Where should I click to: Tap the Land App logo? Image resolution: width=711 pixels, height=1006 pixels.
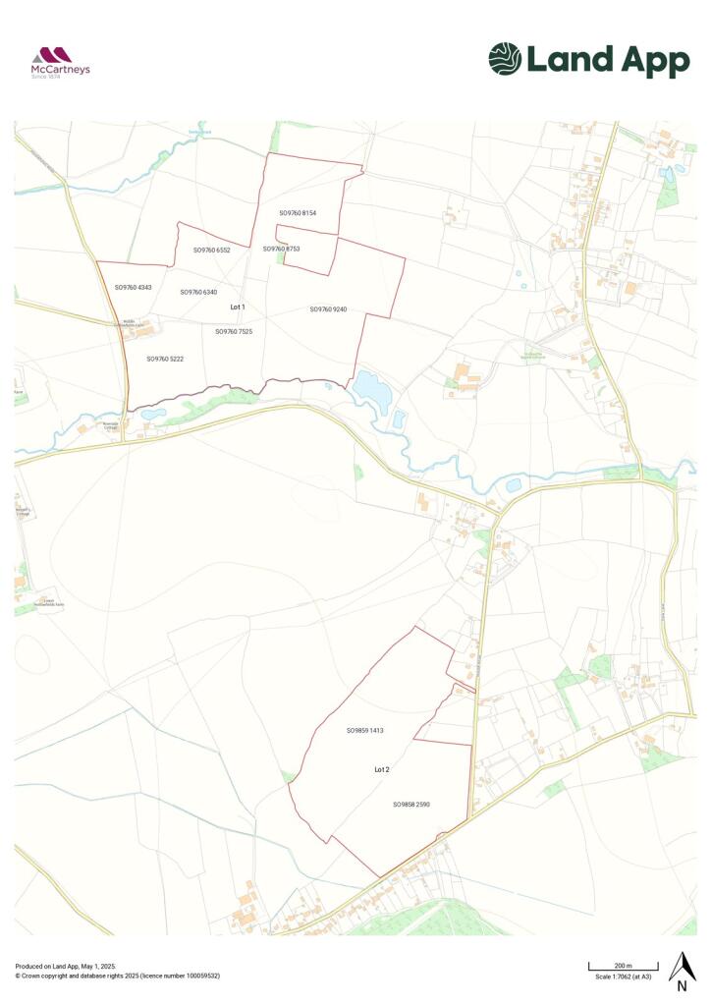coord(589,60)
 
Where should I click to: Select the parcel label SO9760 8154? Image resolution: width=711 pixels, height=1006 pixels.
coord(298,213)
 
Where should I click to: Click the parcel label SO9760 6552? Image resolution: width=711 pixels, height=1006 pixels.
coord(211,251)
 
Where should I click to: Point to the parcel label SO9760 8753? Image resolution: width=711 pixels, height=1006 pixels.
coord(281,249)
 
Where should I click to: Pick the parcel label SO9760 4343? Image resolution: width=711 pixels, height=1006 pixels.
coord(133,288)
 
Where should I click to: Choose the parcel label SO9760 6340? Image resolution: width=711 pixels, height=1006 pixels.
coord(198,292)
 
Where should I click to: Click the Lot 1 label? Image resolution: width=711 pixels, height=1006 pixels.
coord(237,307)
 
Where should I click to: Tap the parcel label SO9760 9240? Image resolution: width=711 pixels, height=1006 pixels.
coord(328,309)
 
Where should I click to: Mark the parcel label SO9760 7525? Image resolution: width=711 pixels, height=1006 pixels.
coord(234,332)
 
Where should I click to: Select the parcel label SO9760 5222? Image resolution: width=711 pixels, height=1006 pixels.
coord(165,360)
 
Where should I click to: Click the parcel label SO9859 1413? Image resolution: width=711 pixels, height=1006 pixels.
coord(364,731)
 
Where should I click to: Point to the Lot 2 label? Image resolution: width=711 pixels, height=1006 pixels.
coord(382,770)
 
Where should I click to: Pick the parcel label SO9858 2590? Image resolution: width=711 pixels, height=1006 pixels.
coord(411,805)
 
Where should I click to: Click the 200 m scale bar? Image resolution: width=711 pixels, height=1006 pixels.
coord(623,969)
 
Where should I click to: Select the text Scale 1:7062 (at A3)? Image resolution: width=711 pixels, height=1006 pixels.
coord(624,977)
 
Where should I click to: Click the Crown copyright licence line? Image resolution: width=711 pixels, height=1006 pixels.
coord(118,976)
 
